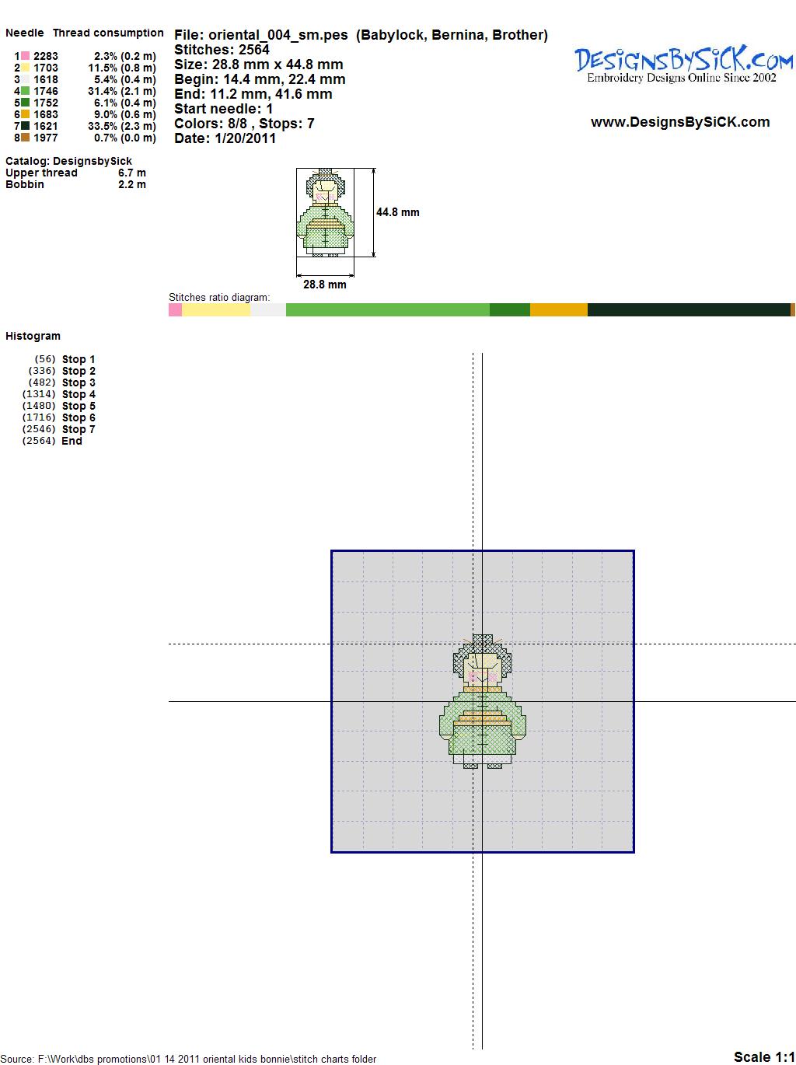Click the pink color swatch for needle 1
click(25, 56)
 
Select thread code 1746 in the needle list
click(46, 91)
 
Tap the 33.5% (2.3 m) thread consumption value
click(122, 126)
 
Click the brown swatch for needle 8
click(25, 138)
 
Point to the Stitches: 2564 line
click(222, 50)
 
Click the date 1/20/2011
click(245, 138)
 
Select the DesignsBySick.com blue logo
click(683, 65)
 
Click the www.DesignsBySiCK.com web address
click(680, 122)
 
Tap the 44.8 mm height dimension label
click(398, 212)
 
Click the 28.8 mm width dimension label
click(324, 285)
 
